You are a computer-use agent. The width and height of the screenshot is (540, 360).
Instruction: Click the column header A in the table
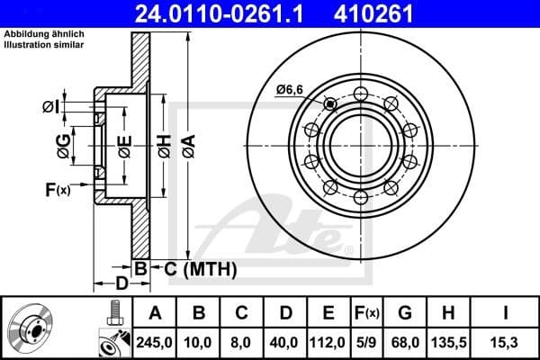click(x=155, y=312)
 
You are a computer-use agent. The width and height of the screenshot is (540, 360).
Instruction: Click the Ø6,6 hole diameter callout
click(x=291, y=88)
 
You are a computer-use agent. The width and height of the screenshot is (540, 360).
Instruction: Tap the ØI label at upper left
click(x=51, y=108)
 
